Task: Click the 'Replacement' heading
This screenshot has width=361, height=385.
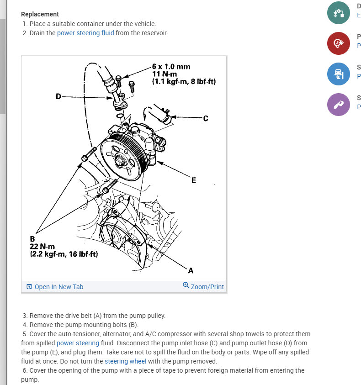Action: tap(40, 14)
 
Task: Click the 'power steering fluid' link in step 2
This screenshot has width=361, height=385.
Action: tap(85, 33)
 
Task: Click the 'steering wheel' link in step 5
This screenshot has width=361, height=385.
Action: tap(125, 361)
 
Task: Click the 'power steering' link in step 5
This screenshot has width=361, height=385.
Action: tap(78, 343)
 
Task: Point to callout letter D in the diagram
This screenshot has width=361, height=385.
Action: tap(58, 96)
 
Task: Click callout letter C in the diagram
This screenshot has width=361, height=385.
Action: tap(205, 118)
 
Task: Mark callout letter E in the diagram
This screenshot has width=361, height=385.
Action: tap(194, 180)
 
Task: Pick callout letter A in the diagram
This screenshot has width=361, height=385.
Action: tap(191, 270)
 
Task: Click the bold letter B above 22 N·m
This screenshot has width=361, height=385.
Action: tap(32, 239)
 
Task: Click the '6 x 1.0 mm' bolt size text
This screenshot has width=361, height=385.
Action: tap(171, 67)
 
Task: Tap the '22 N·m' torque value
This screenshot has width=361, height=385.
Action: tap(42, 247)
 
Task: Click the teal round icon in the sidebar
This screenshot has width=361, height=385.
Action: tap(339, 12)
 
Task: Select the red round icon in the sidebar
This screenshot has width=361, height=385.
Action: tap(339, 43)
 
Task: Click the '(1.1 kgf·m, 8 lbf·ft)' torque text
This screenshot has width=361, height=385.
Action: tap(184, 81)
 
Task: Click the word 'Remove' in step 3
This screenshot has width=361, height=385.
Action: tap(40, 315)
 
